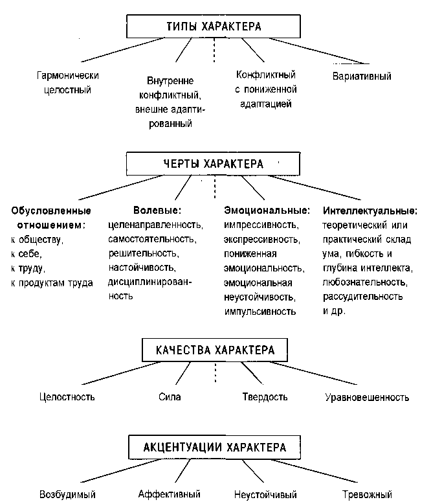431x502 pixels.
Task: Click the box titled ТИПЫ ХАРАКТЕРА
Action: point(213,27)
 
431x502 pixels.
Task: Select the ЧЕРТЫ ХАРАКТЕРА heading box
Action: point(213,164)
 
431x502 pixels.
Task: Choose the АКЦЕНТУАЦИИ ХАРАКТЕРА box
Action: point(215,447)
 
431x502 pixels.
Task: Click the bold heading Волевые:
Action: point(157,211)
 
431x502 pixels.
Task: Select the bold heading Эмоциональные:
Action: point(267,211)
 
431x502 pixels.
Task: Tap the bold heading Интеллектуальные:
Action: point(370,211)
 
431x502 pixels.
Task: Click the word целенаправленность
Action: point(155,225)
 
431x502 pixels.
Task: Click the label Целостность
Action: point(67,396)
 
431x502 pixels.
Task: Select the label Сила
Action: point(170,396)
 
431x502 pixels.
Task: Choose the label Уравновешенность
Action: point(367,397)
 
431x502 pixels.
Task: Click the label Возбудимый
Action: point(67,494)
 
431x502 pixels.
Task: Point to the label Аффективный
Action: point(169,494)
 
